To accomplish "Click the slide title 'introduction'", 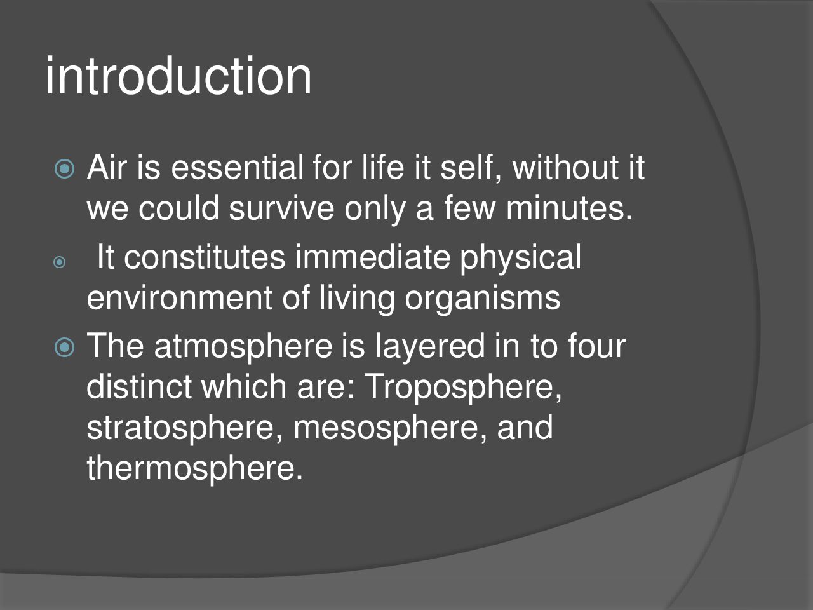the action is (x=178, y=76).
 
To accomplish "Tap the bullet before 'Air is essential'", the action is (x=64, y=169).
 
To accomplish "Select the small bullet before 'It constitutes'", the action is (x=59, y=262).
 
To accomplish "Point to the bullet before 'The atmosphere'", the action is (x=64, y=348).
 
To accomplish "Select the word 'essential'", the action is (x=237, y=167).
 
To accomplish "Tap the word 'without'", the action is (x=565, y=167).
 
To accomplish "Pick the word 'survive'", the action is (x=281, y=208).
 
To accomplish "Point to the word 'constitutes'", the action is (x=205, y=257).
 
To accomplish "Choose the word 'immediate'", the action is (x=373, y=257).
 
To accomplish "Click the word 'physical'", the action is (x=520, y=259).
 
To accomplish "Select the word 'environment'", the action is (x=180, y=298).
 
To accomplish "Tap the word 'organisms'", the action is (x=482, y=301).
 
